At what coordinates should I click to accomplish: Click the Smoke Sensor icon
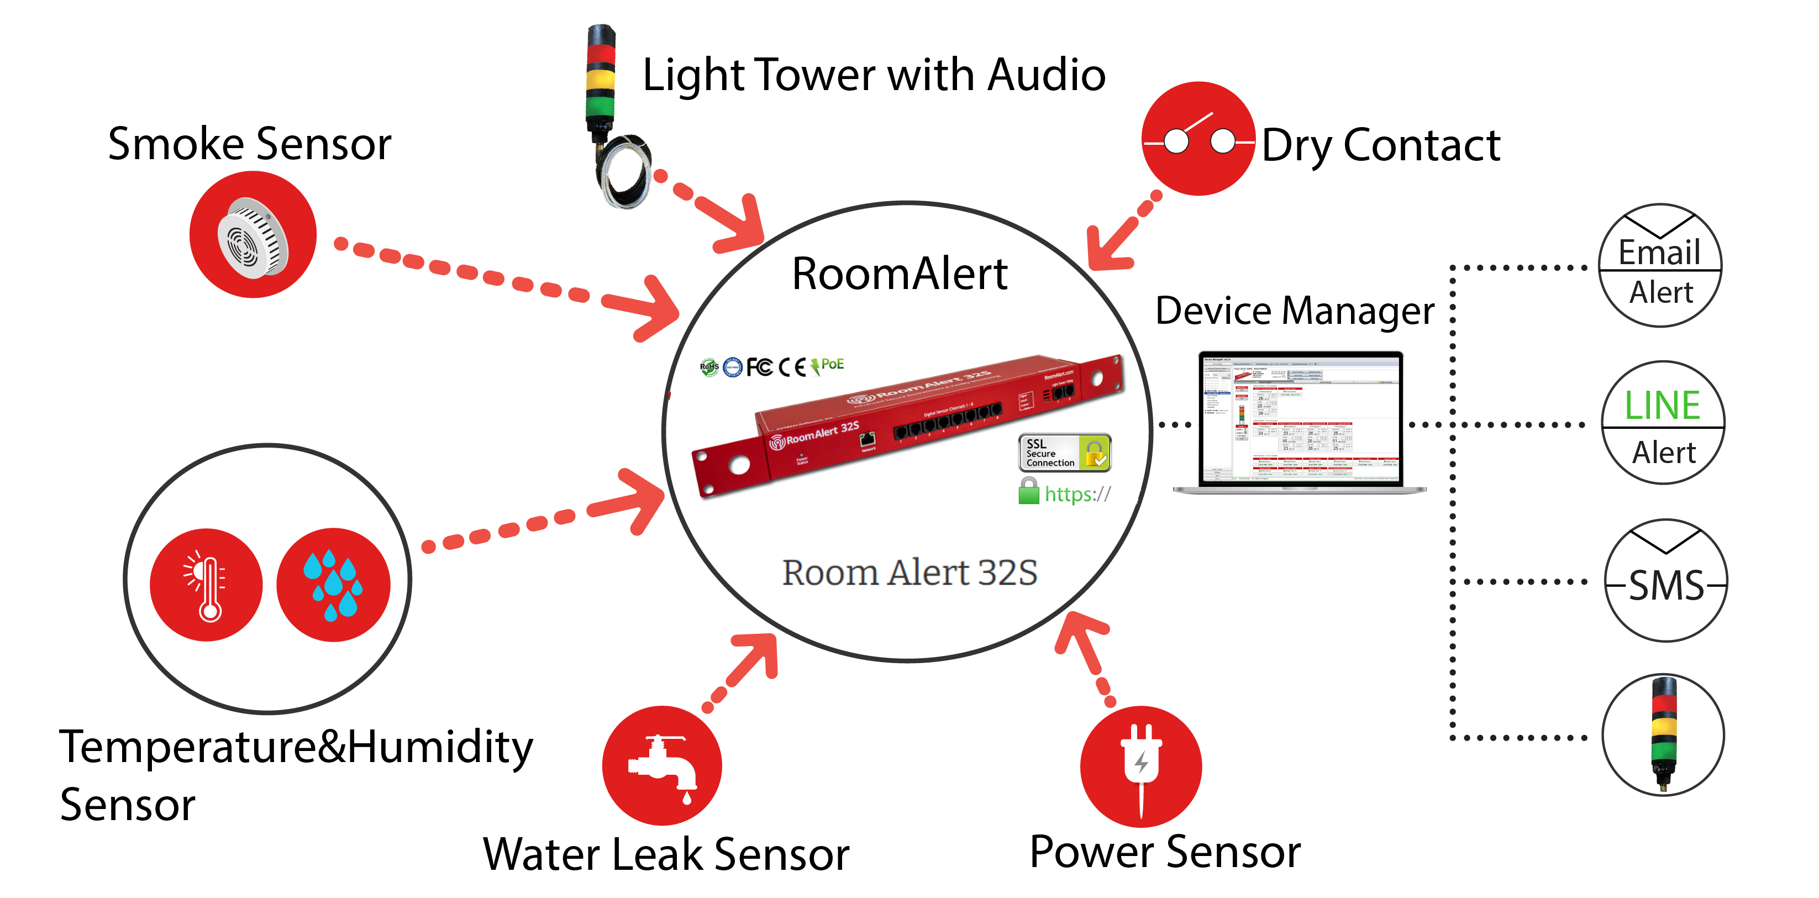[253, 235]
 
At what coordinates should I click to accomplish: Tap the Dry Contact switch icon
[1198, 139]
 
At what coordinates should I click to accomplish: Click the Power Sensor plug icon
[1141, 766]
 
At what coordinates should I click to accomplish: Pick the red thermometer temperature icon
[206, 585]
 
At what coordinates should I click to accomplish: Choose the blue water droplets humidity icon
[333, 585]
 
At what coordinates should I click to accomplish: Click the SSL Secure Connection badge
[1064, 453]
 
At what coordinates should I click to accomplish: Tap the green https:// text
[1077, 494]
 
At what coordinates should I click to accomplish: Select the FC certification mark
[760, 366]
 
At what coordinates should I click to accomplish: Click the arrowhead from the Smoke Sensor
[650, 308]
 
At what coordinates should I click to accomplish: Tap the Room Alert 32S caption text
[910, 573]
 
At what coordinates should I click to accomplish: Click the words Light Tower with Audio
[874, 76]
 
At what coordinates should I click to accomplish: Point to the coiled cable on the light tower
[622, 173]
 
